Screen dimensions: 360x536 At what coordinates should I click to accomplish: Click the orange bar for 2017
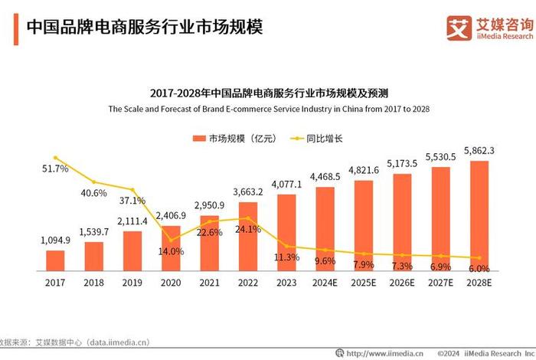[55, 261]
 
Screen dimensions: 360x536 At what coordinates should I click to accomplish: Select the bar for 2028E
[479, 216]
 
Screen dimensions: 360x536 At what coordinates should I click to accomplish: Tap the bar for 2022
[248, 237]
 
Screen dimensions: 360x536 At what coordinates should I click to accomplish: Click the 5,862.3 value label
[479, 151]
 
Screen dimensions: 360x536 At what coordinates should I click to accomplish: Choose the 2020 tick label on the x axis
[171, 283]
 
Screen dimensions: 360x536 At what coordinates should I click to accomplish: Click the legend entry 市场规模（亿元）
[236, 139]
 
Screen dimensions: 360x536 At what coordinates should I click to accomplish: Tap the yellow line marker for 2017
[55, 159]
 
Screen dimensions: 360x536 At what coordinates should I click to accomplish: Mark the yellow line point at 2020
[171, 239]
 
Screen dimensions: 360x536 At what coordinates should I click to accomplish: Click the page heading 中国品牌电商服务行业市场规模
[145, 28]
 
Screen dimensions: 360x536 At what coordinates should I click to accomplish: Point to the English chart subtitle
[268, 110]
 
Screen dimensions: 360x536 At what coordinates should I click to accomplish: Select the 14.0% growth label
[171, 251]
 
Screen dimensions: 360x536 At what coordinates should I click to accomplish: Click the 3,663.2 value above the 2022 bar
[248, 192]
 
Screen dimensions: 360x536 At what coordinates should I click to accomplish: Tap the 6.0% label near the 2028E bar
[479, 269]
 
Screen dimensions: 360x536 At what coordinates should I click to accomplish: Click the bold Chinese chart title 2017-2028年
[268, 93]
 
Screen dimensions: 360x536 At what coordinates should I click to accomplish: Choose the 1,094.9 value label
[55, 241]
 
